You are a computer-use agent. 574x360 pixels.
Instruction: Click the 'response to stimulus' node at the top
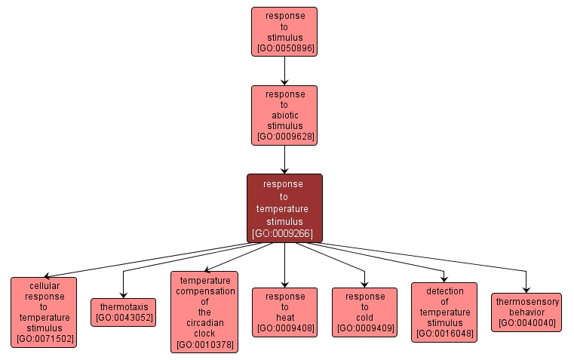[284, 32]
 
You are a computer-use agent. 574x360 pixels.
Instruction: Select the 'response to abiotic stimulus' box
[284, 115]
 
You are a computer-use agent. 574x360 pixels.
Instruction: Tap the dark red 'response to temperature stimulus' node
[284, 208]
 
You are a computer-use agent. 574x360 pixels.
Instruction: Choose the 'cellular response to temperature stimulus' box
[43, 312]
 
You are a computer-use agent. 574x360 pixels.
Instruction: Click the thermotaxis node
[124, 312]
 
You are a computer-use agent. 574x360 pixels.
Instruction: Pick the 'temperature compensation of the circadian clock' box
[204, 312]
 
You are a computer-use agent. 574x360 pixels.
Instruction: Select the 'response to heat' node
[284, 312]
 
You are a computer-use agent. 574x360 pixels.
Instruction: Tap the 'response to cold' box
[364, 312]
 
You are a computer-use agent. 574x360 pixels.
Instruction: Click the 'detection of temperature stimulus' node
[444, 312]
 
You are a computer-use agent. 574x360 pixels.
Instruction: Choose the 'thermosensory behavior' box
[526, 312]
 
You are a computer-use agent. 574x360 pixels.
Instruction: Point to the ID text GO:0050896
[285, 49]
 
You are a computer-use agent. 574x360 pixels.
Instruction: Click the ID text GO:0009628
[285, 137]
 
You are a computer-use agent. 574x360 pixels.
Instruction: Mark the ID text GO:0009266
[284, 233]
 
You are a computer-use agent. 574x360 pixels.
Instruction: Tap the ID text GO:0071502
[44, 339]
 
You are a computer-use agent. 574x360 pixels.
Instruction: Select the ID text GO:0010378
[204, 345]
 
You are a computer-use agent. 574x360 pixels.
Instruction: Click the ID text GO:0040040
[526, 323]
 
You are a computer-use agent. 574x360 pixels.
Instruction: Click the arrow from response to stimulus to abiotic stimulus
[284, 70]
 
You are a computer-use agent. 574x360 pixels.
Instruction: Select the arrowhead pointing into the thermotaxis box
[124, 295]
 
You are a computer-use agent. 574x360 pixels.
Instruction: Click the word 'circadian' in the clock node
[204, 322]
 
